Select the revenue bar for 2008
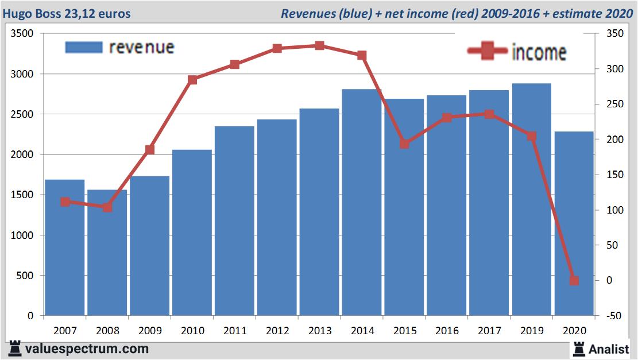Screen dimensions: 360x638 (x=107, y=253)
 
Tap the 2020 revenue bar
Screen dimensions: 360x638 (x=574, y=224)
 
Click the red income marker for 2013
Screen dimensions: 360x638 (x=319, y=46)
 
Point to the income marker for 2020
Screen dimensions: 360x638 (x=574, y=281)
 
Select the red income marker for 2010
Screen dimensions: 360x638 (x=192, y=80)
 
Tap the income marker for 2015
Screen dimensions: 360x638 (x=404, y=144)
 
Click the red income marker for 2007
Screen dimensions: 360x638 (x=65, y=202)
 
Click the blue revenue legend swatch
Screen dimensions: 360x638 (x=84, y=47)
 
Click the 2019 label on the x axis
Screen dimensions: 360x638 (x=531, y=331)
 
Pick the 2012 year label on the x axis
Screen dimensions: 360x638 (x=277, y=331)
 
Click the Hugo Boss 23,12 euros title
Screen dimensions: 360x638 (x=67, y=13)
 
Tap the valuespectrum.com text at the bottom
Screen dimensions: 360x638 (x=87, y=349)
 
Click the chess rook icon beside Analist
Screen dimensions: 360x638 (x=578, y=349)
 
